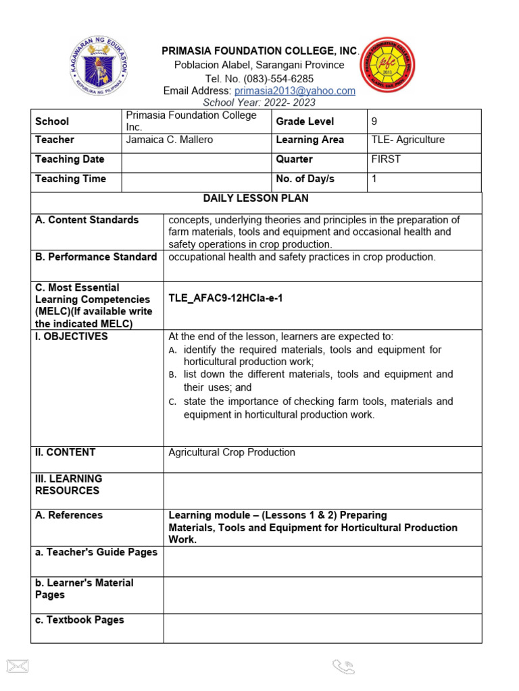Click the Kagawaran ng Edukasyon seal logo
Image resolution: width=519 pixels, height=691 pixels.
(x=100, y=66)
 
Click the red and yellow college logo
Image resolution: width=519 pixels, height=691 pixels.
(x=388, y=65)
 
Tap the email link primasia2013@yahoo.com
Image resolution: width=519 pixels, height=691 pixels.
(x=294, y=91)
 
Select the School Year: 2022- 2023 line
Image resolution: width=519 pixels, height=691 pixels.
(x=259, y=103)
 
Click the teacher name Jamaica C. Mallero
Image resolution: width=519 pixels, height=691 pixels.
(x=169, y=140)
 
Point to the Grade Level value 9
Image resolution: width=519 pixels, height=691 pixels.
(x=374, y=121)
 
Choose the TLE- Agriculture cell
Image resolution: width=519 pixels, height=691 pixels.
(x=408, y=140)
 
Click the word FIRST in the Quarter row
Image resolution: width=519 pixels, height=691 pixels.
(x=386, y=159)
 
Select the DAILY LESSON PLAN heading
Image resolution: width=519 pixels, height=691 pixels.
(x=255, y=199)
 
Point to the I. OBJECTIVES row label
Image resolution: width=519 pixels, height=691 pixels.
(x=72, y=337)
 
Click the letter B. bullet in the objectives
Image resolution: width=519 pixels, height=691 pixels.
(x=173, y=375)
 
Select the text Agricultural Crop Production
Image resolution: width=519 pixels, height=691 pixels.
(x=232, y=452)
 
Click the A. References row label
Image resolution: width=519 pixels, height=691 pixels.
(x=69, y=516)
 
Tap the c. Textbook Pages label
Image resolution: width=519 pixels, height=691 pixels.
(x=80, y=619)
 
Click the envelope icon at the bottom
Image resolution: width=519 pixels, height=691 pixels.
(x=17, y=666)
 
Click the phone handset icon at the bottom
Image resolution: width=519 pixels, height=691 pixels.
(x=343, y=667)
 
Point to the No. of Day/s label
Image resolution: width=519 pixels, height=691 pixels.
(x=305, y=179)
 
